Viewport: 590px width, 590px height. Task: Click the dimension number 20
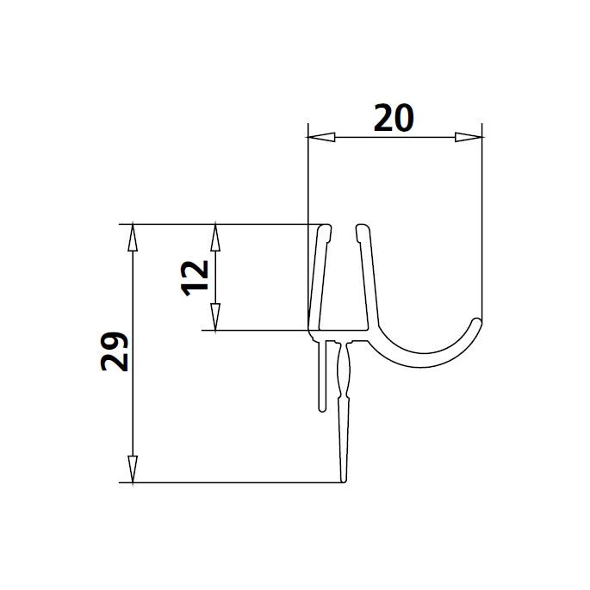pyautogui.click(x=394, y=117)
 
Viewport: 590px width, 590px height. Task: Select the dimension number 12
pyautogui.click(x=196, y=276)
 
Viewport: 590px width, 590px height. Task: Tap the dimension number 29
pyautogui.click(x=115, y=351)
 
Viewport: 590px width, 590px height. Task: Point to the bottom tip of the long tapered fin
pyautogui.click(x=344, y=481)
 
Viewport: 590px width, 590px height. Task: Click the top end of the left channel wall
pyautogui.click(x=325, y=228)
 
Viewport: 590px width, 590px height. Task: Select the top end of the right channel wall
pyautogui.click(x=363, y=229)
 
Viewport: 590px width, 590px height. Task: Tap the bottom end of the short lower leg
pyautogui.click(x=322, y=408)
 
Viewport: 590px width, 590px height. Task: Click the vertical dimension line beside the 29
pyautogui.click(x=132, y=405)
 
